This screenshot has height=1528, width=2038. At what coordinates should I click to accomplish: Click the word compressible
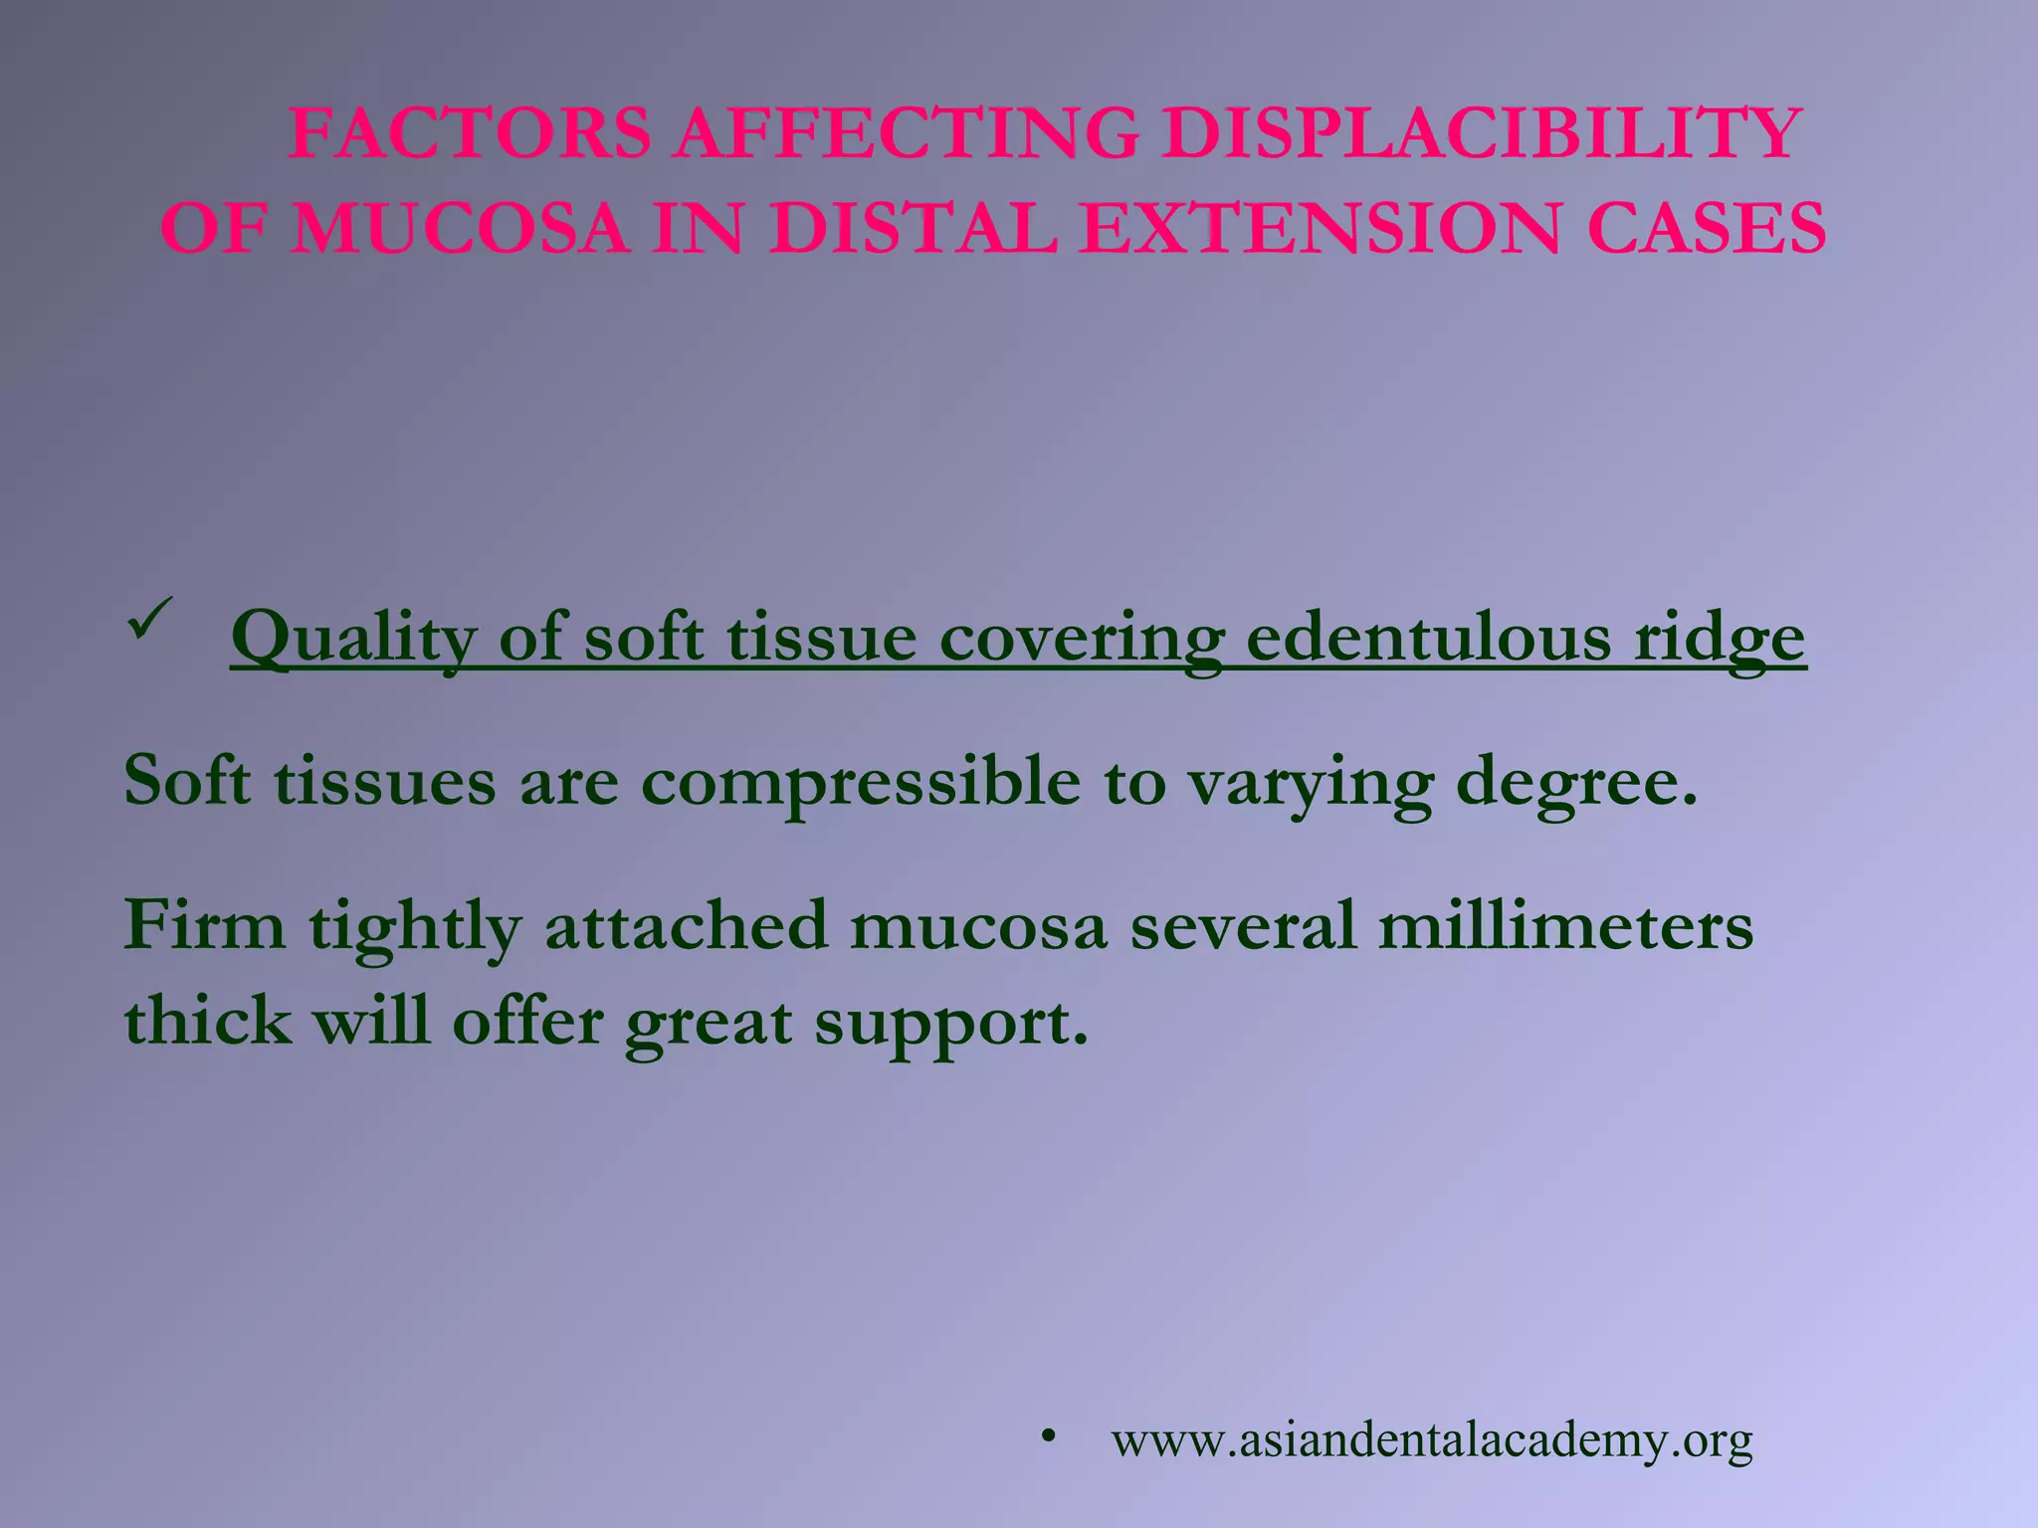(860, 783)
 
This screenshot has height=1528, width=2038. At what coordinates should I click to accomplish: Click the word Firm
(205, 925)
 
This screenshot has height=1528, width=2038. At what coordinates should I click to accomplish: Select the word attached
(686, 925)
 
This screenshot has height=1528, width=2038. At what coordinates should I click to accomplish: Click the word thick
(208, 1021)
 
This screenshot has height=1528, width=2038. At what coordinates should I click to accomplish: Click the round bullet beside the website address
(1047, 1435)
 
